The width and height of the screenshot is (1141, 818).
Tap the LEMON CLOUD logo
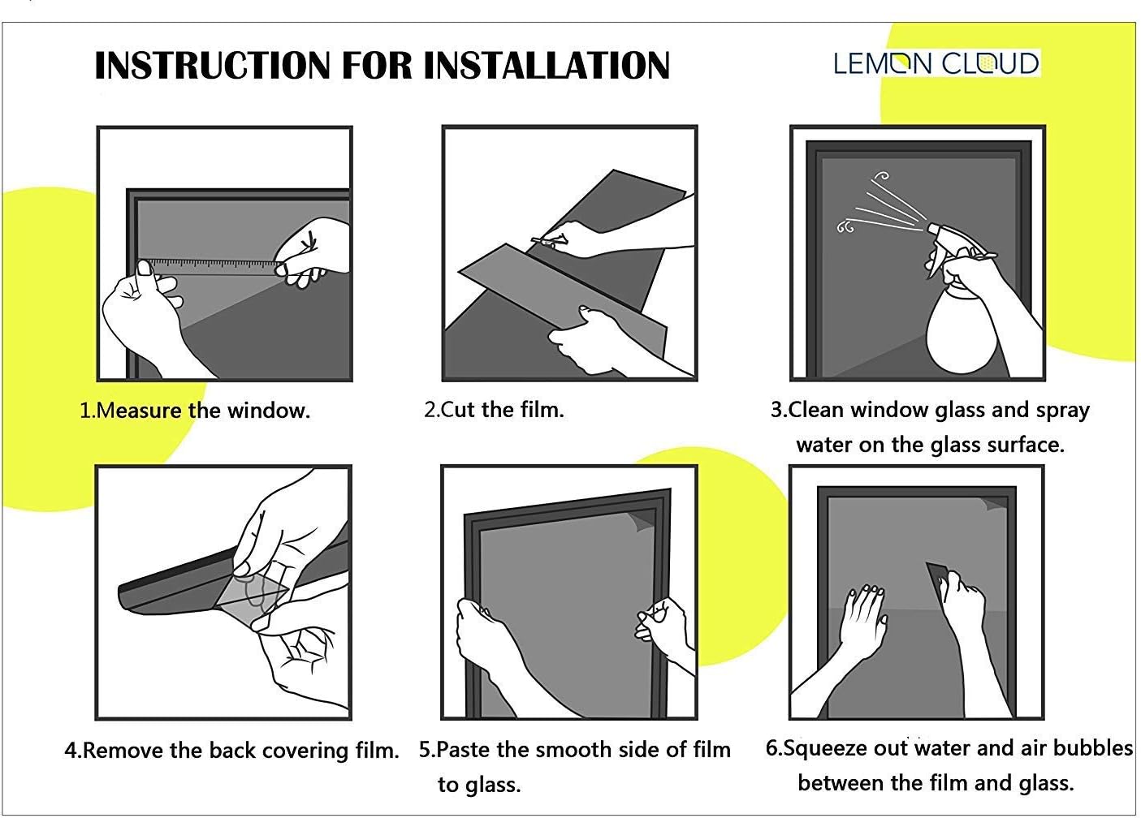[x=936, y=63]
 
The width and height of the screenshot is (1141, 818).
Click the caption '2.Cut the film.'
[x=494, y=409]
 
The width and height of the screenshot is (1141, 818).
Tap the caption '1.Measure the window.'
[x=195, y=411]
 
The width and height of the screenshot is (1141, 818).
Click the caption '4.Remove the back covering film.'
[x=232, y=751]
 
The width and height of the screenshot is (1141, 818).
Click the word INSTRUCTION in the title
[x=211, y=66]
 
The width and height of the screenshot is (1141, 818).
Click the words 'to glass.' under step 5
[x=479, y=785]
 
